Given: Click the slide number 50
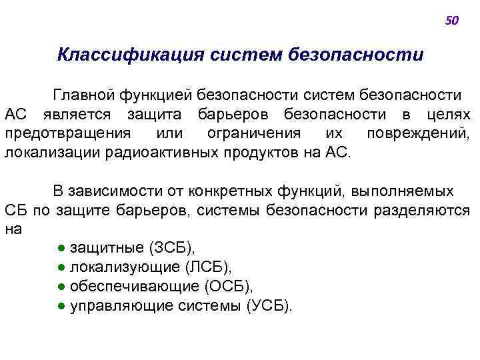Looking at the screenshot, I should (x=451, y=21).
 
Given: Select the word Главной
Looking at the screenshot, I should (x=85, y=97).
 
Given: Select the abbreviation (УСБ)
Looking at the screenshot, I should (x=269, y=306).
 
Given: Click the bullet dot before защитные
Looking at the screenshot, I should (x=61, y=249).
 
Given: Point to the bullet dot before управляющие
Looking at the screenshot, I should (x=61, y=306).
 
